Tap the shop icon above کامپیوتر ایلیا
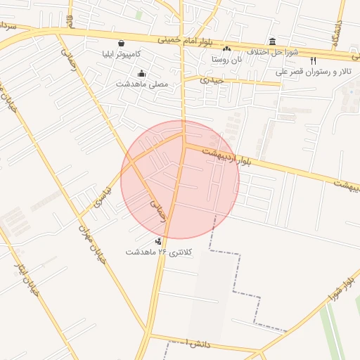[x=122, y=43]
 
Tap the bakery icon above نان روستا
[x=226, y=49]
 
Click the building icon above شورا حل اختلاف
[x=273, y=41]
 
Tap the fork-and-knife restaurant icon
[x=313, y=61]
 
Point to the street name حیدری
[x=211, y=80]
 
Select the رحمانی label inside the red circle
[x=156, y=210]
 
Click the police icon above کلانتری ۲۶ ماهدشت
[x=157, y=241]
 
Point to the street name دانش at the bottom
[x=198, y=344]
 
